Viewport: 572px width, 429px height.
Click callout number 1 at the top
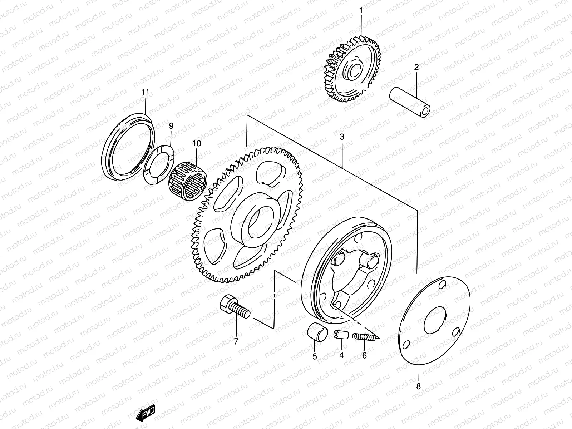click(x=360, y=10)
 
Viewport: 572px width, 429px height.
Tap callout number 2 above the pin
click(x=416, y=67)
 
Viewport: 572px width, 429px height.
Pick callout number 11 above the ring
click(x=145, y=92)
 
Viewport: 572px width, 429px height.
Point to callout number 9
click(x=171, y=125)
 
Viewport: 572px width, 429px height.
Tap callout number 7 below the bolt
click(x=236, y=341)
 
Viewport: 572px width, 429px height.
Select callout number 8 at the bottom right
click(x=419, y=386)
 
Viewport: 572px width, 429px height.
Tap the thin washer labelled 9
click(x=159, y=164)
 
